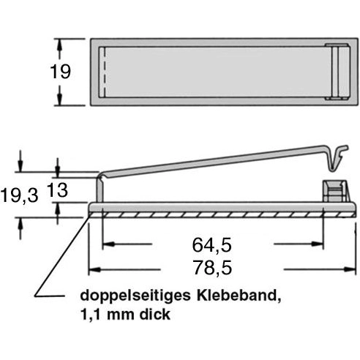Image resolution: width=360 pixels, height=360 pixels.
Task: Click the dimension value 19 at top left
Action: click(61, 72)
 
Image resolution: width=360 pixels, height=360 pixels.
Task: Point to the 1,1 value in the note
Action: click(93, 316)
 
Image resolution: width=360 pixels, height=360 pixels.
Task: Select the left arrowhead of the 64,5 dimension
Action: click(105, 243)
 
